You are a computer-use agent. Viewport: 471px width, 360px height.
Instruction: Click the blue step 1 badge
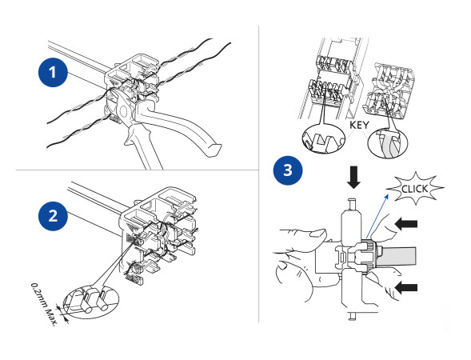pyautogui.click(x=53, y=71)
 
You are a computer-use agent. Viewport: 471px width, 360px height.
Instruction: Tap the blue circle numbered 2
pyautogui.click(x=53, y=214)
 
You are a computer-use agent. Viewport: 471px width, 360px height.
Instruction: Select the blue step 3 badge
pyautogui.click(x=286, y=170)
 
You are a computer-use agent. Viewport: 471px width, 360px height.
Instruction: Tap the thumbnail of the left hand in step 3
pyautogui.click(x=316, y=234)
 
